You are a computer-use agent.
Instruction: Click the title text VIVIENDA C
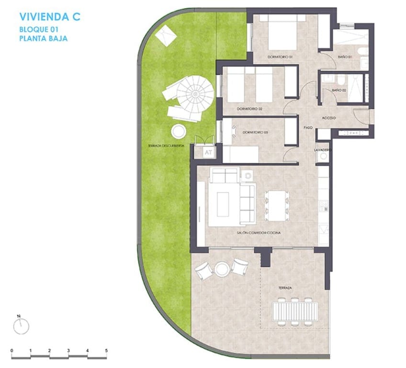tap(49, 17)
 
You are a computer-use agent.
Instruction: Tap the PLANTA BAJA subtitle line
tap(43, 39)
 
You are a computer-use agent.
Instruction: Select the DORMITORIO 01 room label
tap(280, 57)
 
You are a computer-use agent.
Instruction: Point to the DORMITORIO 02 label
tap(249, 109)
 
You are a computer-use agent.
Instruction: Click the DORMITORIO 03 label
tap(254, 132)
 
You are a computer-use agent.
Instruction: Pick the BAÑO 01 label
tap(345, 57)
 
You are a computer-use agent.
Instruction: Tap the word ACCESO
tap(328, 118)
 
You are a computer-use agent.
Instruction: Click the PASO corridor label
tap(308, 128)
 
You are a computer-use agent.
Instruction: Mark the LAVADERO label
tap(323, 149)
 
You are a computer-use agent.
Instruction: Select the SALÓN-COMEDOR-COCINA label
tap(259, 232)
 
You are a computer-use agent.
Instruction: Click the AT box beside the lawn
tap(208, 153)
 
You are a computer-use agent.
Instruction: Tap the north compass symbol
tap(21, 326)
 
